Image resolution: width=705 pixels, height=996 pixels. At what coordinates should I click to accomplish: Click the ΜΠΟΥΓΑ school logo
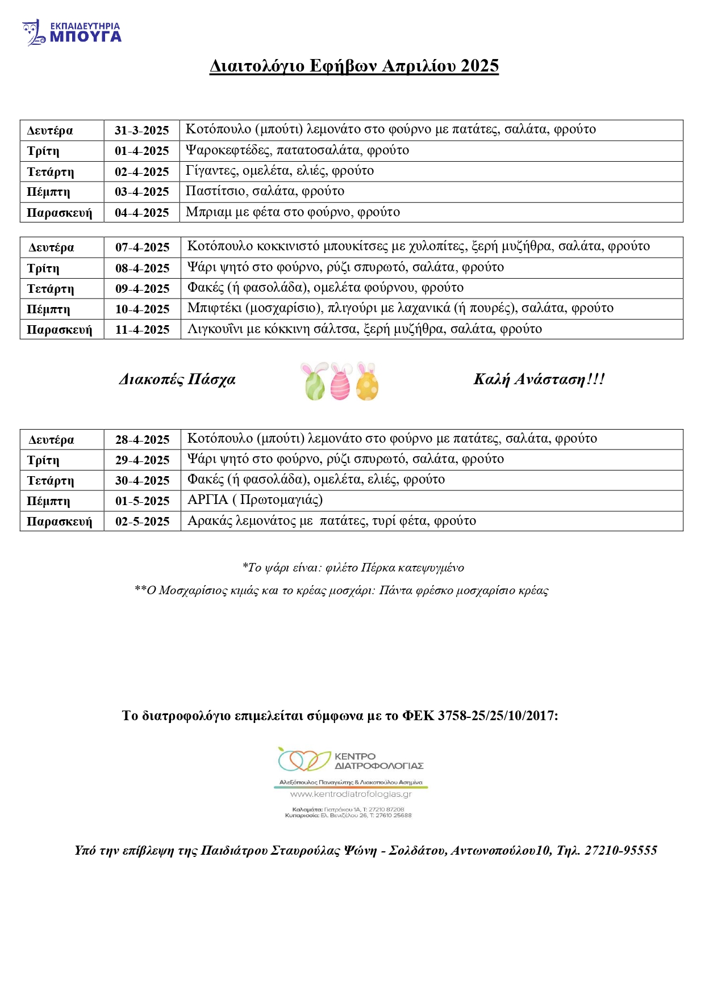[72, 33]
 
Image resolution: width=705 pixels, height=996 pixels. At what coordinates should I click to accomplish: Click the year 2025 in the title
[479, 66]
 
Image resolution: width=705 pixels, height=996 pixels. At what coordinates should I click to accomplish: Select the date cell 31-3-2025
[142, 131]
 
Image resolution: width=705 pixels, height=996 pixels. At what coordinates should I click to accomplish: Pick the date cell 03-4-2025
[142, 192]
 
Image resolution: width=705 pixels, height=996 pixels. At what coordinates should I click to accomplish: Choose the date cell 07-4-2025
[143, 247]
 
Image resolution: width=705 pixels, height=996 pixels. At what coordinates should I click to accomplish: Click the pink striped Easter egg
[340, 383]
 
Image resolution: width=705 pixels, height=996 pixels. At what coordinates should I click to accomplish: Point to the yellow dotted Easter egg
[367, 383]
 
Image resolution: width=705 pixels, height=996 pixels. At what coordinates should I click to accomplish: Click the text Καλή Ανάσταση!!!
[539, 379]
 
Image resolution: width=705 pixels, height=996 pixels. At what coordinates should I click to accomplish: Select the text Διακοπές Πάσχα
[177, 380]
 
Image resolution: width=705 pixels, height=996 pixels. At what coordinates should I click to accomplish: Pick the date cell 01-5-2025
[143, 501]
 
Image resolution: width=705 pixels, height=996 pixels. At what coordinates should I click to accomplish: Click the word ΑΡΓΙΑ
[208, 500]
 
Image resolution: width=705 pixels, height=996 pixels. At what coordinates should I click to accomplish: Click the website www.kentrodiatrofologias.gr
[351, 794]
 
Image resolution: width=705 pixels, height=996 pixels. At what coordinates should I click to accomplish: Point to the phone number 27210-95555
[621, 850]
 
